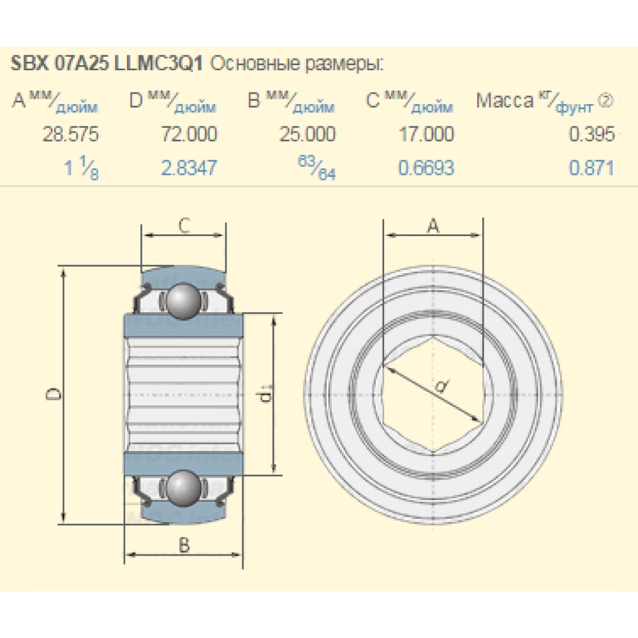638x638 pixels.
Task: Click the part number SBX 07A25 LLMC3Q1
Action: click(x=107, y=64)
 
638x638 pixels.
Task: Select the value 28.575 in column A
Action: click(x=70, y=135)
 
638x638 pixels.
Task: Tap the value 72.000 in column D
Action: click(x=189, y=135)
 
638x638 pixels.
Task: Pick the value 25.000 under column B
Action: click(x=307, y=135)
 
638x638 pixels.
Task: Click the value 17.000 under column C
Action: click(x=426, y=135)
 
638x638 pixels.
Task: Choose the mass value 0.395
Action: click(x=592, y=135)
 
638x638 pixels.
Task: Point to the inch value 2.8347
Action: click(x=189, y=168)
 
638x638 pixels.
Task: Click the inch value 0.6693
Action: click(x=426, y=168)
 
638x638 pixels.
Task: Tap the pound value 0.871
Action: click(x=592, y=168)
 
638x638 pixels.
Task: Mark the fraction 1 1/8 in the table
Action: click(x=82, y=168)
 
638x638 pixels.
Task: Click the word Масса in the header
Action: click(x=504, y=100)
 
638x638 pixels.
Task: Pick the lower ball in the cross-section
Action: click(x=182, y=488)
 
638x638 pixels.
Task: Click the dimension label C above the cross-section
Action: click(x=183, y=225)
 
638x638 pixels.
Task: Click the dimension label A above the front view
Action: click(x=433, y=225)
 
